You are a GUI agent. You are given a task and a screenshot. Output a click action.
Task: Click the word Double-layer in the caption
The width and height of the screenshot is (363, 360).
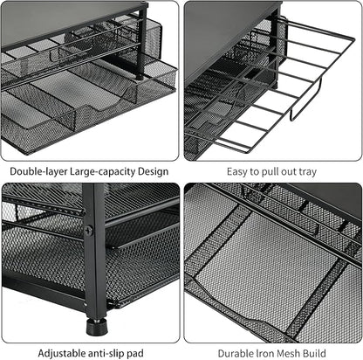[x=38, y=171]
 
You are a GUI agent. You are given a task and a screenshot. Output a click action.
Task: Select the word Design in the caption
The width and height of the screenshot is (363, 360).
[x=153, y=172]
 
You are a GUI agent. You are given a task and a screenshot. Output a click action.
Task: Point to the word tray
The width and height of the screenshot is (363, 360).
[x=307, y=172]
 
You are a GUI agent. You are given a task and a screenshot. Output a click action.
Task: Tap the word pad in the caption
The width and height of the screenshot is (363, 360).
[x=135, y=354]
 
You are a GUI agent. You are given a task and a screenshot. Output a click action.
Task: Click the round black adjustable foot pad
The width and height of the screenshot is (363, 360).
[x=97, y=327]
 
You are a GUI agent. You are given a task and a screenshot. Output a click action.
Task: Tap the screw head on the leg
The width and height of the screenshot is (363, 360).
[x=89, y=231]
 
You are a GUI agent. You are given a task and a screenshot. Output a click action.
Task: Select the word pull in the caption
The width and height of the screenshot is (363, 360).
[x=270, y=172]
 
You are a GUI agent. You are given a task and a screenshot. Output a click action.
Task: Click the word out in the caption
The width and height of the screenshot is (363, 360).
[x=288, y=172]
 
